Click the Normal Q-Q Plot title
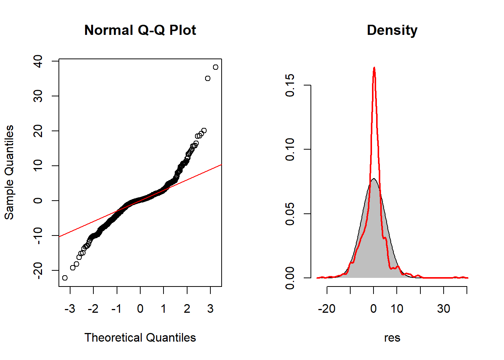click(x=140, y=30)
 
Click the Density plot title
click(x=392, y=30)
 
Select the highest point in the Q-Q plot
click(x=215, y=67)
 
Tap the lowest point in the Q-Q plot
click(x=65, y=278)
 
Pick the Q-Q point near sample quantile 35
click(x=208, y=78)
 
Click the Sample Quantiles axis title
click(x=9, y=172)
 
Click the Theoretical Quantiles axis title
click(x=140, y=337)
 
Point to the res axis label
click(x=392, y=338)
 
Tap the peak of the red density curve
click(x=374, y=68)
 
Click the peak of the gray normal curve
click(x=373, y=179)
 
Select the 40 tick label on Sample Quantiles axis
click(x=38, y=61)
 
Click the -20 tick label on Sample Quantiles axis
click(x=38, y=270)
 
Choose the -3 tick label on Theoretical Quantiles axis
click(x=70, y=309)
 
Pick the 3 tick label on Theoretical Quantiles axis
click(x=210, y=309)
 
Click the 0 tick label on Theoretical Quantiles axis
click(x=140, y=309)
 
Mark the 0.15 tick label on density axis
click(x=290, y=85)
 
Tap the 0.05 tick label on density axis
click(x=290, y=214)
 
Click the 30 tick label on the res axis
click(x=444, y=309)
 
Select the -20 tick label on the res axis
click(x=327, y=309)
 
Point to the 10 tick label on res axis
click(x=397, y=309)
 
